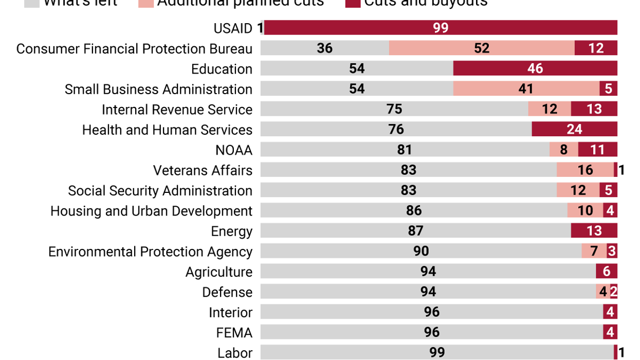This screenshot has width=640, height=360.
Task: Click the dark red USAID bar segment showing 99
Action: [x=441, y=28]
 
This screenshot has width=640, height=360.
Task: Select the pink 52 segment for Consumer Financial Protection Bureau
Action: [x=482, y=48]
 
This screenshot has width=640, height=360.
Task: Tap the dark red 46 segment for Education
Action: [x=535, y=68]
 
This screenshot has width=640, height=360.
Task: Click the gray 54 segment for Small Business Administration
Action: [x=357, y=88]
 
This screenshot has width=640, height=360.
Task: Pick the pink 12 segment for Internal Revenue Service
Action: [x=550, y=109]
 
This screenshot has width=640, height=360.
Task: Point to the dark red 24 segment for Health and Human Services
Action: [x=574, y=129]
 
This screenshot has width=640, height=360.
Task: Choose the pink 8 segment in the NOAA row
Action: [x=563, y=150]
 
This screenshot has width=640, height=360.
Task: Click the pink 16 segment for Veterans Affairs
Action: [x=585, y=170]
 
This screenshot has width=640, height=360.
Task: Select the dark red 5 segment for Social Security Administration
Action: [x=608, y=190]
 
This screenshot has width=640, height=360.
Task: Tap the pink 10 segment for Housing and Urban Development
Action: [x=585, y=210]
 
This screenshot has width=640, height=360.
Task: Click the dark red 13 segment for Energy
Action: [x=594, y=231]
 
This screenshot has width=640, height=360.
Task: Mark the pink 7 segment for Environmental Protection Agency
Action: [x=594, y=251]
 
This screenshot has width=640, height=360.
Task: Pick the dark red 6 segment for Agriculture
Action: [x=607, y=272]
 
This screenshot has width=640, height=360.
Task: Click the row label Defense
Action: [x=227, y=292]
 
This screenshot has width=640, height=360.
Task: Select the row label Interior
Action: [x=230, y=313]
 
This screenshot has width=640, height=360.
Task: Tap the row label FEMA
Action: [x=234, y=333]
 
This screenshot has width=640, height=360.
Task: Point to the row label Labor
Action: [x=235, y=353]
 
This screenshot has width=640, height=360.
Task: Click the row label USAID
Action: [x=233, y=28]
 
